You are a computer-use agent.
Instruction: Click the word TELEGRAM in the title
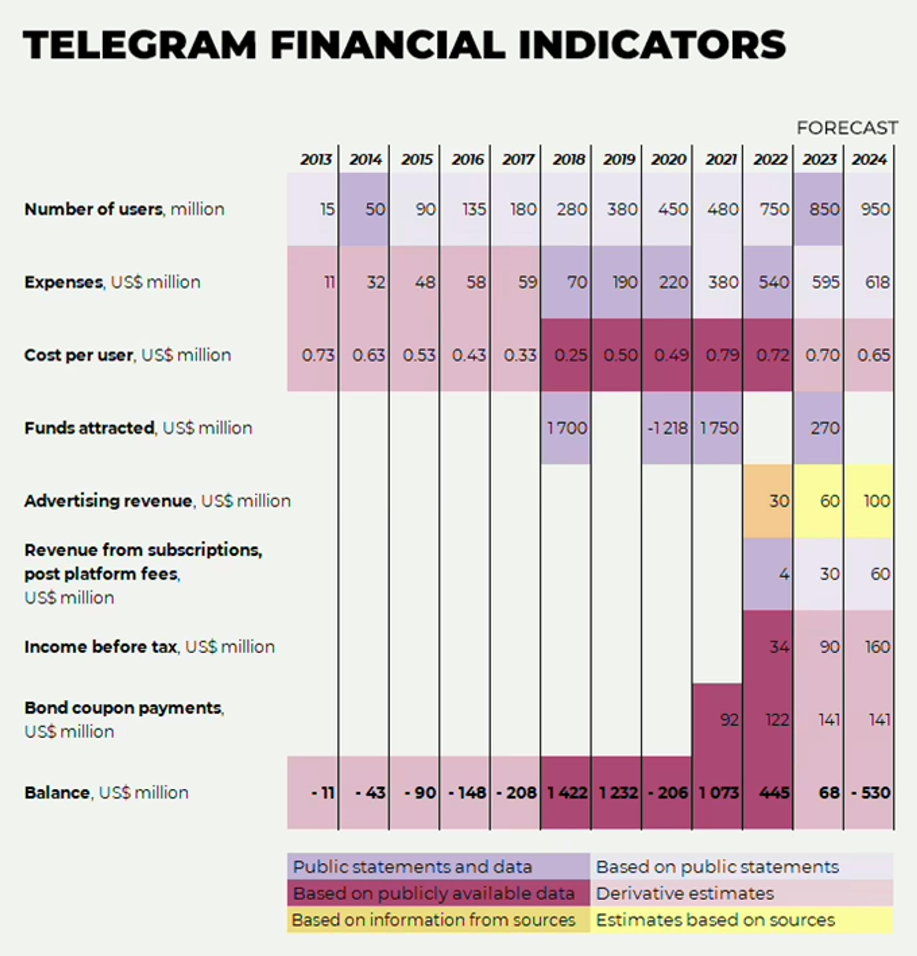(x=139, y=45)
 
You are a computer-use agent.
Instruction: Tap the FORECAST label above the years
(x=847, y=128)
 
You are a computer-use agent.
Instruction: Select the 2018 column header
(x=568, y=160)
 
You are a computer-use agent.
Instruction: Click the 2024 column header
(x=869, y=160)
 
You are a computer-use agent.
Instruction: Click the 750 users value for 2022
(x=774, y=209)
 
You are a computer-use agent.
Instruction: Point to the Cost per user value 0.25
(x=570, y=355)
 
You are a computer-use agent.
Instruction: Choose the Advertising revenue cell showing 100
(x=877, y=501)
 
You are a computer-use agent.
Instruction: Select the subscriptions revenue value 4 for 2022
(x=784, y=574)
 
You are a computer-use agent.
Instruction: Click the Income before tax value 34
(x=779, y=647)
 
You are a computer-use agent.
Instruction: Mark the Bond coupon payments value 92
(x=729, y=719)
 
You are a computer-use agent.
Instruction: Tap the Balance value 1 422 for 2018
(x=567, y=793)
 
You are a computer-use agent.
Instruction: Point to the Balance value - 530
(x=871, y=793)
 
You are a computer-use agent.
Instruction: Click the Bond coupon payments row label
(x=124, y=708)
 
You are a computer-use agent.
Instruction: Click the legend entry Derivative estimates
(x=685, y=894)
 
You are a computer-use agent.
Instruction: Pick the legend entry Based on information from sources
(x=434, y=920)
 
